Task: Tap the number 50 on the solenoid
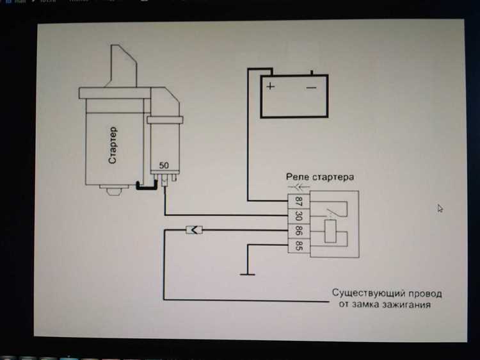coord(164,165)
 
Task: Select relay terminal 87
coord(299,201)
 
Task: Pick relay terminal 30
coord(299,216)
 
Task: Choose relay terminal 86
coord(299,231)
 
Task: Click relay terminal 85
coord(299,245)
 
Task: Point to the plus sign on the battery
coord(271,86)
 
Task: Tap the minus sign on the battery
coord(312,86)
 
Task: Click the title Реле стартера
coord(319,176)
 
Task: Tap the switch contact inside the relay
coord(330,211)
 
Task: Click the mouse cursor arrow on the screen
coord(440,208)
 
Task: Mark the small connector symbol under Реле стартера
coord(296,187)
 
